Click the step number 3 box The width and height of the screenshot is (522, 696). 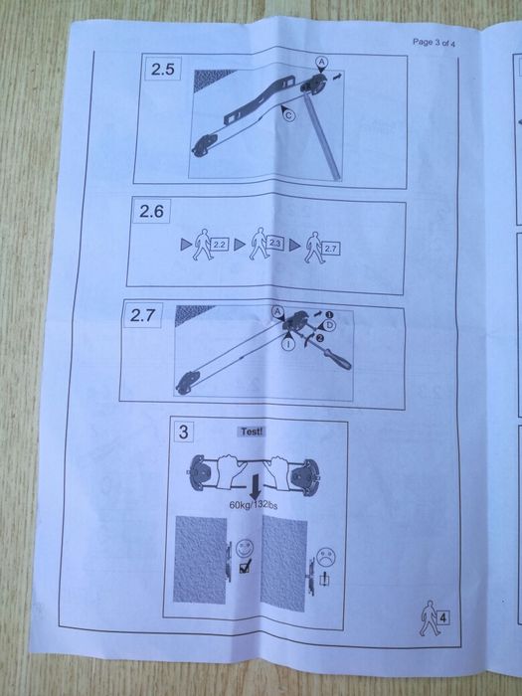click(x=185, y=433)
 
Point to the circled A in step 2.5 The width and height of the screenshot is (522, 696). click(x=320, y=62)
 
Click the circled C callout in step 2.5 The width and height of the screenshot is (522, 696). click(x=288, y=116)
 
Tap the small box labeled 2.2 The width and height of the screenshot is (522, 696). click(x=220, y=243)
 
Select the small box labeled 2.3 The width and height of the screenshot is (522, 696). click(x=275, y=242)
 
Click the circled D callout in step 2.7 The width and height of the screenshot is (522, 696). click(x=329, y=324)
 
